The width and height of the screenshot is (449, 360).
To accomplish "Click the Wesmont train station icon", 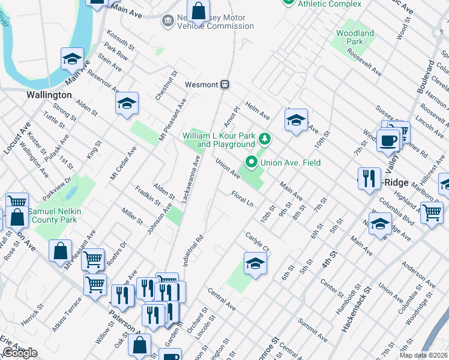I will [x=225, y=85].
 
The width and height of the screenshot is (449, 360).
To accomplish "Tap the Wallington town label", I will [x=49, y=95].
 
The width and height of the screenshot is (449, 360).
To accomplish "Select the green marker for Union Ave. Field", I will [x=251, y=163].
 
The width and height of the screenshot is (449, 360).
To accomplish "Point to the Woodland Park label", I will [x=355, y=37].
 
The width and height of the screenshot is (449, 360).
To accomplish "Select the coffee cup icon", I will [x=388, y=140].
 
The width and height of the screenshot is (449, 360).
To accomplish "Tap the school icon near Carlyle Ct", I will [x=255, y=263].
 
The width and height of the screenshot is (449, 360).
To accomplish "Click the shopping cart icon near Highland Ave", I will [x=432, y=212].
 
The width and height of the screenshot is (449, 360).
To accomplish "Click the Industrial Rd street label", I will [x=194, y=249].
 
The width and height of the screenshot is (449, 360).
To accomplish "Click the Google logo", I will [x=20, y=352].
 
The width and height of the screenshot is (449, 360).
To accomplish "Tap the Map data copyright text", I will [x=423, y=355].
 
